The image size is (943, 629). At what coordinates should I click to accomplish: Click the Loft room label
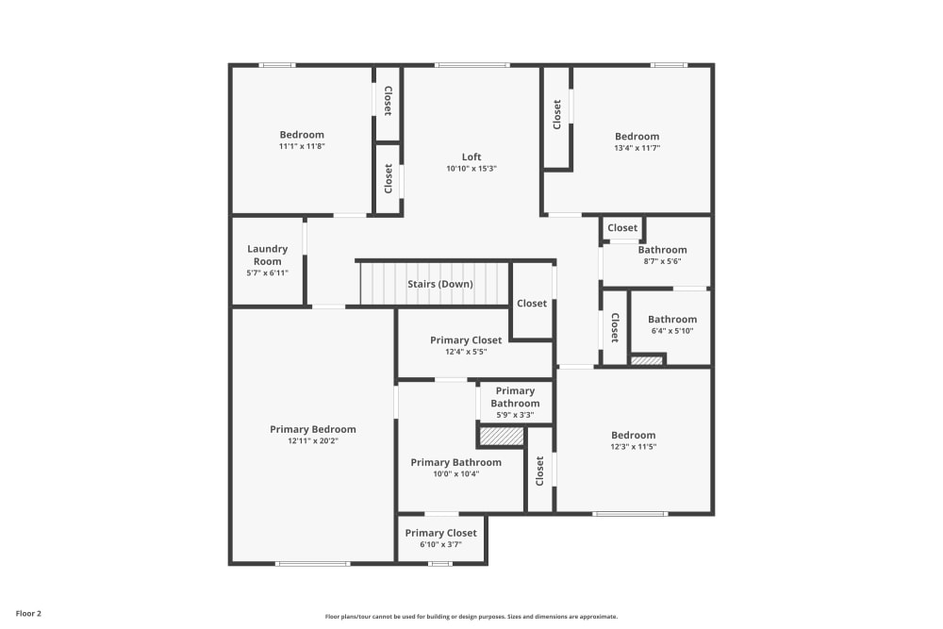[471, 157]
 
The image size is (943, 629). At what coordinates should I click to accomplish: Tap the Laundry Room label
[267, 255]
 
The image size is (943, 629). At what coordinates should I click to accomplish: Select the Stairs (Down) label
[440, 284]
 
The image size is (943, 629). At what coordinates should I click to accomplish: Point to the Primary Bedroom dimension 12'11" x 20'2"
[313, 440]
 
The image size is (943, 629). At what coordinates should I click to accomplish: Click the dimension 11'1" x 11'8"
[302, 146]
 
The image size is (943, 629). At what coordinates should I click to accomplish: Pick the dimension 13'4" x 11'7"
[637, 148]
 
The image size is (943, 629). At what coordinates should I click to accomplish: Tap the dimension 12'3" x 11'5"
[633, 447]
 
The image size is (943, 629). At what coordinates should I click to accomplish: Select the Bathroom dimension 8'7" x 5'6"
[662, 262]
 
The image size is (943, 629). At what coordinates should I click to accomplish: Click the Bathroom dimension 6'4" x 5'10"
[672, 331]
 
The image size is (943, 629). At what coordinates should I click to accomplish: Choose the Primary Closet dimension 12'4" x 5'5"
[466, 352]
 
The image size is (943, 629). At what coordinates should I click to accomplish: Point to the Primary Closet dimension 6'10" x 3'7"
[440, 545]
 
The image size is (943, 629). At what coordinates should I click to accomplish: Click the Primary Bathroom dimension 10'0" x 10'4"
[455, 474]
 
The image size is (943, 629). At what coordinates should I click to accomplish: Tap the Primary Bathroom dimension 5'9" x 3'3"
[515, 415]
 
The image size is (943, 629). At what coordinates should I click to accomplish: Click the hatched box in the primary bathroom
[502, 437]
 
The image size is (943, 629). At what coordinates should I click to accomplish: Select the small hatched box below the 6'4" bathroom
[647, 360]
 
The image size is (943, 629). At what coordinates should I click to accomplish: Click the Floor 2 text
[28, 613]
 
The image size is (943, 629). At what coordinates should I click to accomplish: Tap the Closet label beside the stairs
[532, 304]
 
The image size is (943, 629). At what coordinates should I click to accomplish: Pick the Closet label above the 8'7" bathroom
[622, 228]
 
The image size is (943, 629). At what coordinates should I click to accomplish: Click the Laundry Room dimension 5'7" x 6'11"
[267, 273]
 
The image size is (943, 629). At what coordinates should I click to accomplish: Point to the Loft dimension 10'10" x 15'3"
[471, 169]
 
